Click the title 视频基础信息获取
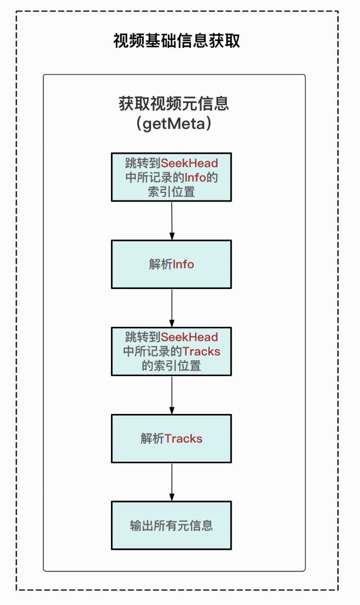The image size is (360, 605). (177, 41)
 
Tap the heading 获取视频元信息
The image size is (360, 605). (174, 103)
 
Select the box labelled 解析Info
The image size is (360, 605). (171, 264)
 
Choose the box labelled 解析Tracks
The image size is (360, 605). (171, 438)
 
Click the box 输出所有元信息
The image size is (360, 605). (171, 525)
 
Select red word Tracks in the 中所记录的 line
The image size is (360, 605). (201, 351)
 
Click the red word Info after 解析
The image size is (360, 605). (183, 264)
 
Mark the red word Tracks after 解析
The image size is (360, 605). (183, 438)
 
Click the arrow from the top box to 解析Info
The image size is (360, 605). (172, 220)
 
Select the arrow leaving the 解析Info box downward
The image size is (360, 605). (172, 307)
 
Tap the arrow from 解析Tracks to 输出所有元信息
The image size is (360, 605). (172, 482)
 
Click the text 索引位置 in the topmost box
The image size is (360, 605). (171, 192)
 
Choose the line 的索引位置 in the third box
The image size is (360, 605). (171, 366)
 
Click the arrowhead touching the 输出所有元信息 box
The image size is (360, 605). (172, 497)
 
